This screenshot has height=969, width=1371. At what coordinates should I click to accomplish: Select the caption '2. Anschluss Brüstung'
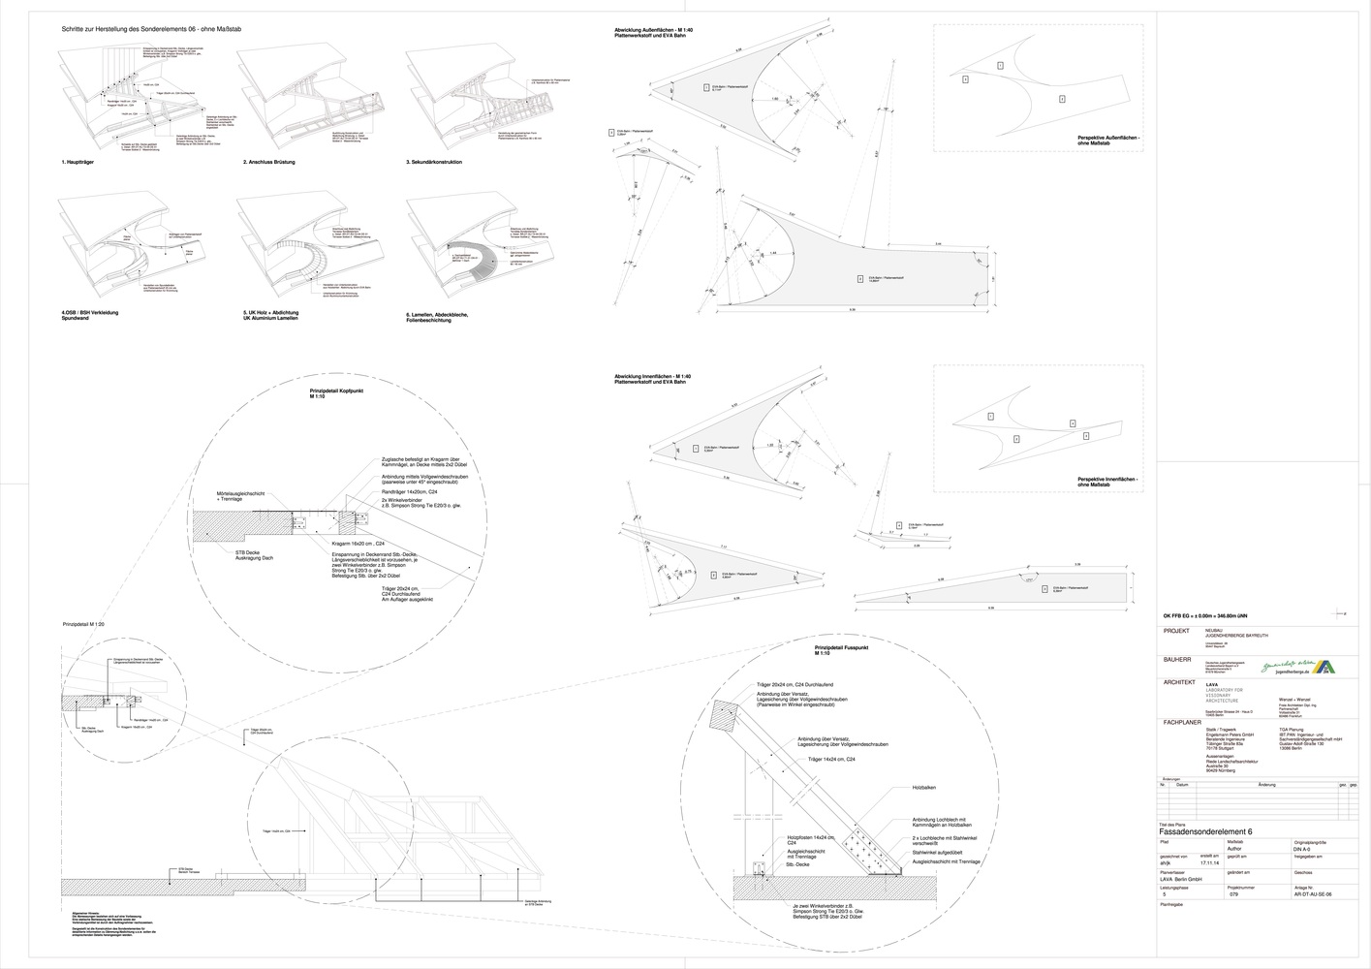click(x=268, y=162)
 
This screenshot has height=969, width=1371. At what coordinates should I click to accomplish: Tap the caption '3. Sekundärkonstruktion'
click(x=434, y=162)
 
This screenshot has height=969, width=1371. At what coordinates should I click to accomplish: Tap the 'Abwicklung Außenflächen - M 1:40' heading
click(x=652, y=31)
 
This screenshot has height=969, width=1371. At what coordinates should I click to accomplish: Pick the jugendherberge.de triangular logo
click(x=1324, y=667)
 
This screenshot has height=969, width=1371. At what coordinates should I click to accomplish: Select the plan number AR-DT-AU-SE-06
click(x=1313, y=895)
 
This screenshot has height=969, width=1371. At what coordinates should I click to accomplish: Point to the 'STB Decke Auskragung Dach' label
click(x=237, y=556)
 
